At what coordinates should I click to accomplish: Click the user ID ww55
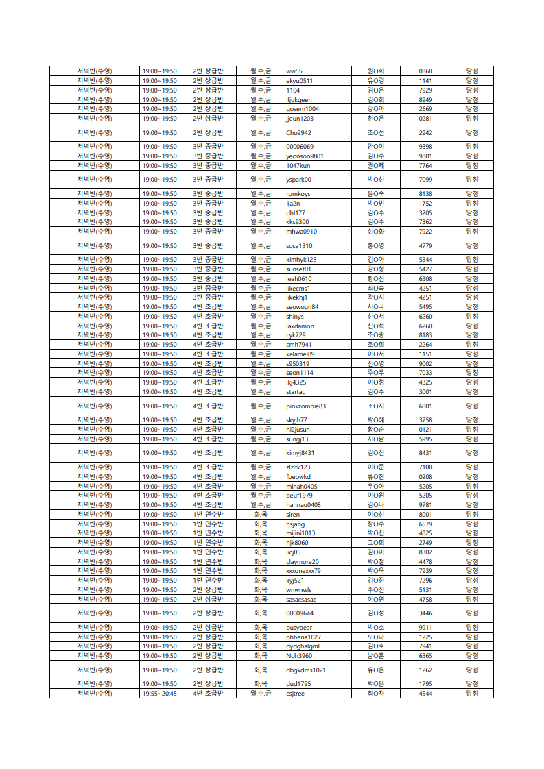point(294,71)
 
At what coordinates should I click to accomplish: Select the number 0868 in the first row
point(425,71)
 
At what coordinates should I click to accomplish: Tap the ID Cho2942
point(298,132)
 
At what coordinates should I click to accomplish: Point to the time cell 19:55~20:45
point(159,693)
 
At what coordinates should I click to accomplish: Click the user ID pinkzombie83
point(306,406)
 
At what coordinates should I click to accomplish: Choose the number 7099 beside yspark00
point(425,180)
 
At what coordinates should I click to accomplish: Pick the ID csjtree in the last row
point(296,693)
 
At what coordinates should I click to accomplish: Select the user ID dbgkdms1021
point(306,670)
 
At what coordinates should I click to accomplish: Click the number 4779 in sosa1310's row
point(425,245)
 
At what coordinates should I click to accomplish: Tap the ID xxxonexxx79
point(303,570)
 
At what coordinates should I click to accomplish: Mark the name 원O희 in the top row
point(376,71)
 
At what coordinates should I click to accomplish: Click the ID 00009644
point(300,613)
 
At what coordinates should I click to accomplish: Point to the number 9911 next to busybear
point(425,627)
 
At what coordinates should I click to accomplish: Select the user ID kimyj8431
point(300,452)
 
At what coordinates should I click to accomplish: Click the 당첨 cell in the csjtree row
point(472,693)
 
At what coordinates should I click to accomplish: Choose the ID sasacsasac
point(301,599)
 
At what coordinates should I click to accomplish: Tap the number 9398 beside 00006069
point(425,146)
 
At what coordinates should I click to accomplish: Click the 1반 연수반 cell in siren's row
point(208,514)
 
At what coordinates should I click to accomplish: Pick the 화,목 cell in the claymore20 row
point(261,561)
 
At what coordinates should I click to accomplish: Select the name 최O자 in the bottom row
point(376,693)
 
